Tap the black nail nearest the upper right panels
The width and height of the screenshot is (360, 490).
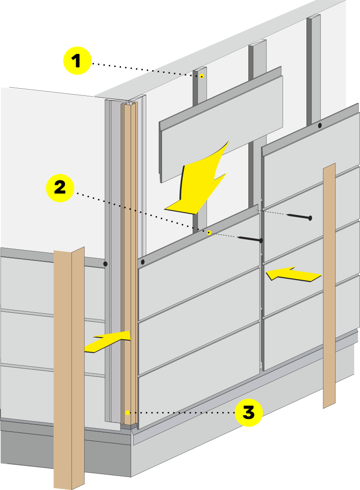pos(297,217)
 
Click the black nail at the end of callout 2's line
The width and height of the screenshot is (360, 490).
pos(249,239)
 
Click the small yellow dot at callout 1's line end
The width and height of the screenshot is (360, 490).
pos(202,76)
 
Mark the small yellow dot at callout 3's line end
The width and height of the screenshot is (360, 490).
pos(128,412)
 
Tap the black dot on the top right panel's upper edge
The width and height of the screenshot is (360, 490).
pos(320,126)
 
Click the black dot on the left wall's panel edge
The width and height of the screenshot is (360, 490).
pos(105,264)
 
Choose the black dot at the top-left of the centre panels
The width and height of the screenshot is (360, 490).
pos(142,262)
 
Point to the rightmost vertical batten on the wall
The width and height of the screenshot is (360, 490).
pos(314,67)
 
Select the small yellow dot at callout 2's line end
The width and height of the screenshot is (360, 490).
pos(209,233)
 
